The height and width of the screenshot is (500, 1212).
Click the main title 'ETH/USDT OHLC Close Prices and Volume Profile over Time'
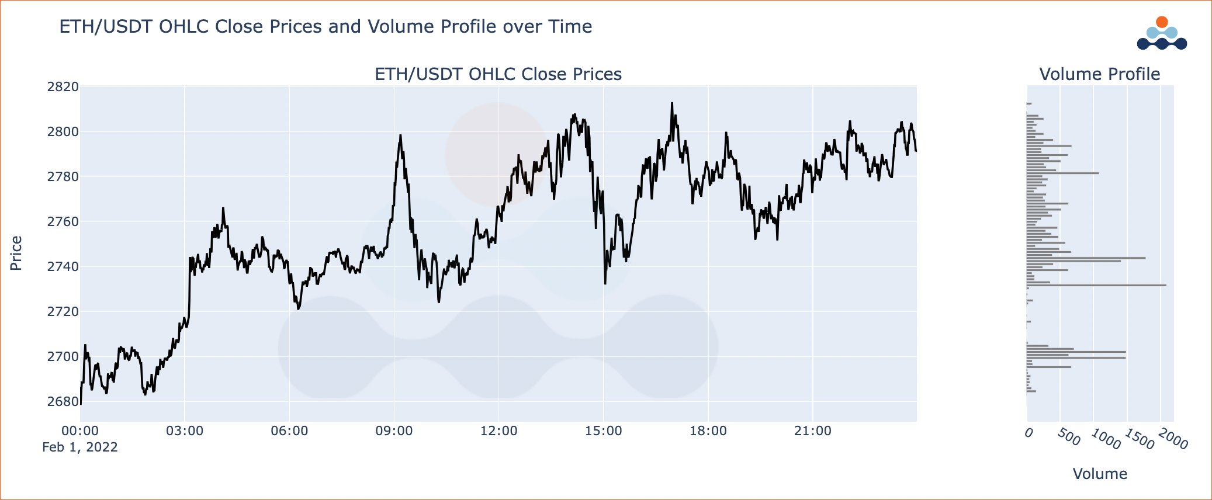coord(325,27)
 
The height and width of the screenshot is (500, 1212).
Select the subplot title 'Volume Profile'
coord(1099,74)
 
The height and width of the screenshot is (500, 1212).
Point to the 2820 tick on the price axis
coord(63,87)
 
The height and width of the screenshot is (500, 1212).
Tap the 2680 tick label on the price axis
coord(63,402)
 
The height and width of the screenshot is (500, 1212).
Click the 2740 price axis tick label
coord(63,267)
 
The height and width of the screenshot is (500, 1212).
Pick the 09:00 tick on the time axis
coord(394,431)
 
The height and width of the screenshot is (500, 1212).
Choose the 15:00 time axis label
coord(603,431)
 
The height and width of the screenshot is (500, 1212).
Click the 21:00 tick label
coord(812,431)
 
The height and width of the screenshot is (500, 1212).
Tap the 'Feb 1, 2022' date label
coord(80,447)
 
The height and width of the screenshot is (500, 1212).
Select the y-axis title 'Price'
coord(16,253)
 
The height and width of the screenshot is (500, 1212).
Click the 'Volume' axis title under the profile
coord(1100,474)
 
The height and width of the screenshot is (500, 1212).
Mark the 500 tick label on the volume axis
coord(1069,437)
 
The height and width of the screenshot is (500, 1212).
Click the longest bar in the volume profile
coord(1096,285)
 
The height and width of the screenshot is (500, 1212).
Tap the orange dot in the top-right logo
coord(1162,22)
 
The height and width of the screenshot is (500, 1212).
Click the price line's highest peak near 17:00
coord(672,103)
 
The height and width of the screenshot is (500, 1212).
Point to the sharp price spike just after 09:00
coord(400,136)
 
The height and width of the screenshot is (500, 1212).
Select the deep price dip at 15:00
coord(605,283)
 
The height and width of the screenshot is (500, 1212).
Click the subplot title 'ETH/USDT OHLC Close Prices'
coord(498,74)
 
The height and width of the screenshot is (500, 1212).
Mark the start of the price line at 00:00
coord(81,403)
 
